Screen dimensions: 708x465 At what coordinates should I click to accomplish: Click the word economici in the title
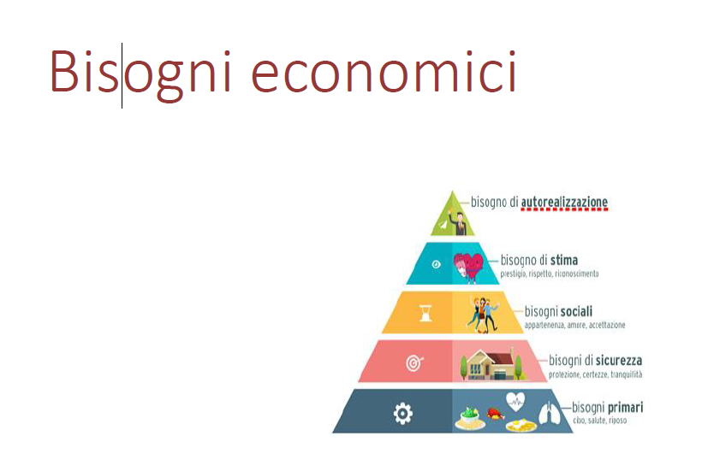[384, 71]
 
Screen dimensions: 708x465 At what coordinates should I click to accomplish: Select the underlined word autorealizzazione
[564, 202]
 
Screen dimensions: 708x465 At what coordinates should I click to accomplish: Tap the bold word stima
[564, 260]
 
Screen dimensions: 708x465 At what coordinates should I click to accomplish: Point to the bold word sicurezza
[618, 361]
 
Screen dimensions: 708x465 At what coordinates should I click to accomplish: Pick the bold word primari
[625, 407]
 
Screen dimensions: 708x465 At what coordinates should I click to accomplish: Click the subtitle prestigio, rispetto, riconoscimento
[549, 274]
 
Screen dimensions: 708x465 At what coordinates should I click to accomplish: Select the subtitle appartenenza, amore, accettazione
[574, 325]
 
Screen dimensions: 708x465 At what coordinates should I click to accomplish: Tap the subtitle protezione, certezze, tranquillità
[595, 374]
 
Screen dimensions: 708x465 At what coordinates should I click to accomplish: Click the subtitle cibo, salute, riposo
[599, 421]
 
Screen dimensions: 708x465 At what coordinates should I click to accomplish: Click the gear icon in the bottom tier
[402, 413]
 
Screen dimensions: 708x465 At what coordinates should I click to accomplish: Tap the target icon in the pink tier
[414, 362]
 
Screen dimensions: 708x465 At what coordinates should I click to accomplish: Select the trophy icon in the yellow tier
[425, 313]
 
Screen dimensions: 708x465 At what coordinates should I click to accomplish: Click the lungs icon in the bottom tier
[549, 412]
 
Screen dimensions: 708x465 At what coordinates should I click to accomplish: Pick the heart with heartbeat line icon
[515, 401]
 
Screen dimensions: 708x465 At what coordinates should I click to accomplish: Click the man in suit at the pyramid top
[460, 223]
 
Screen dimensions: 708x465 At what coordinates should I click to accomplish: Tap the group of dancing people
[482, 314]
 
